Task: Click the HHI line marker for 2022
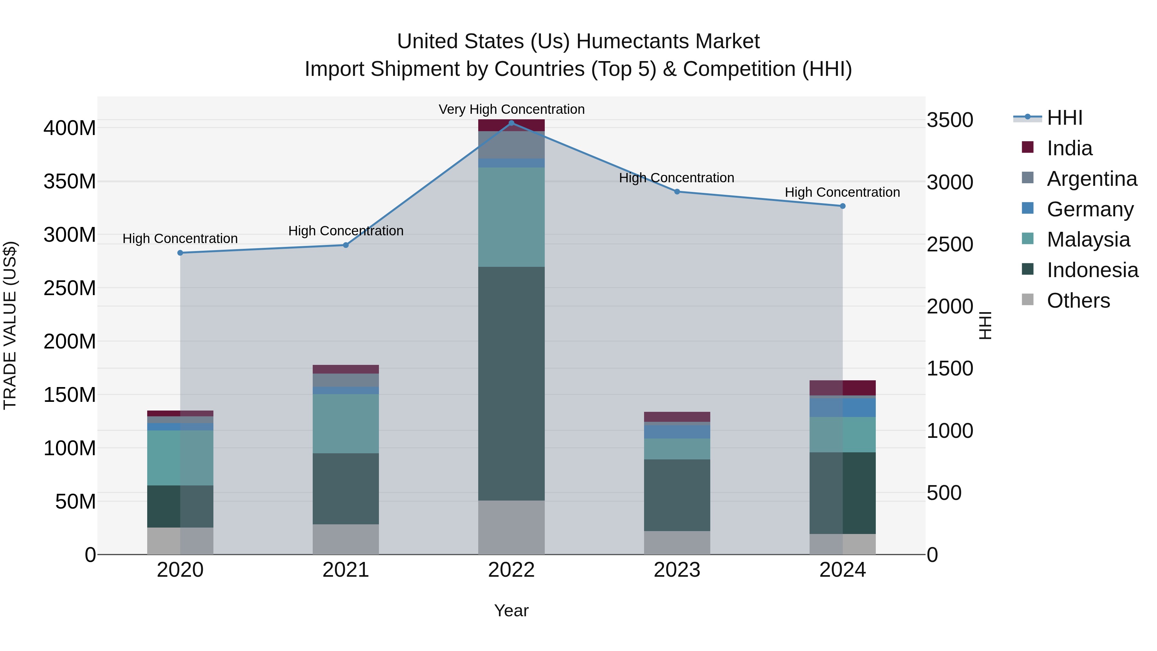point(511,123)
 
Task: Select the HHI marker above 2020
point(180,253)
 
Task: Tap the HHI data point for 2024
point(843,206)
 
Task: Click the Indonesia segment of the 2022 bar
point(511,383)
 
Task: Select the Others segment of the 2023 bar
point(677,542)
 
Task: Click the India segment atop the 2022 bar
point(511,125)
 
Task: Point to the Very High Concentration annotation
point(511,109)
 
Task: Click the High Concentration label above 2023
point(677,178)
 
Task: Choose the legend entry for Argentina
point(1091,179)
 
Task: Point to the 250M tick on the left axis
point(70,288)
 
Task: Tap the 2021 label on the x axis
point(345,570)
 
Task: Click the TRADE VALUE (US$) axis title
point(10,325)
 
